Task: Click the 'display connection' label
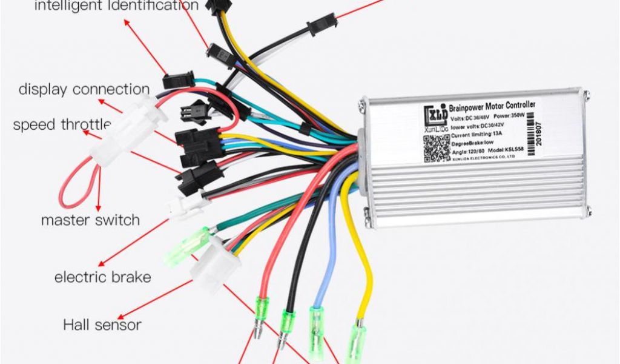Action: pyautogui.click(x=84, y=90)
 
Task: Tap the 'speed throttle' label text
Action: pyautogui.click(x=62, y=125)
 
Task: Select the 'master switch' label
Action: pyautogui.click(x=90, y=220)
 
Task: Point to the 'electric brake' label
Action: pyautogui.click(x=102, y=278)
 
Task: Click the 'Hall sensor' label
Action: pyautogui.click(x=102, y=325)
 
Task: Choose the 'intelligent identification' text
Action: pyautogui.click(x=116, y=6)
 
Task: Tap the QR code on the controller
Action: pyautogui.click(x=435, y=147)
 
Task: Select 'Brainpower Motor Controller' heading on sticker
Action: pyautogui.click(x=492, y=107)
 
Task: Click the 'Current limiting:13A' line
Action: pyautogui.click(x=476, y=134)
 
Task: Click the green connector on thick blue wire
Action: pyautogui.click(x=316, y=325)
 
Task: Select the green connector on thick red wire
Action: pyautogui.click(x=262, y=309)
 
